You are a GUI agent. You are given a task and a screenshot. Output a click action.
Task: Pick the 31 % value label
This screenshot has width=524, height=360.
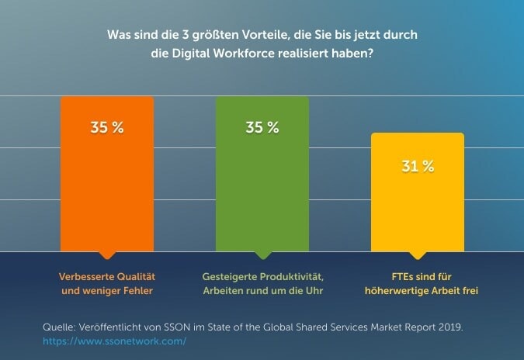pyautogui.click(x=417, y=166)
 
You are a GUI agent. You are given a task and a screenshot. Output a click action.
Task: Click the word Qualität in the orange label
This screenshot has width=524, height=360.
pyautogui.click(x=134, y=276)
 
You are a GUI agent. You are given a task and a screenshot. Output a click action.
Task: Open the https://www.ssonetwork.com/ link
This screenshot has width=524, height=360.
pyautogui.click(x=115, y=341)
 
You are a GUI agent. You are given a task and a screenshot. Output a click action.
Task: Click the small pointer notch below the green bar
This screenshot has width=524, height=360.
pyautogui.click(x=262, y=255)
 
